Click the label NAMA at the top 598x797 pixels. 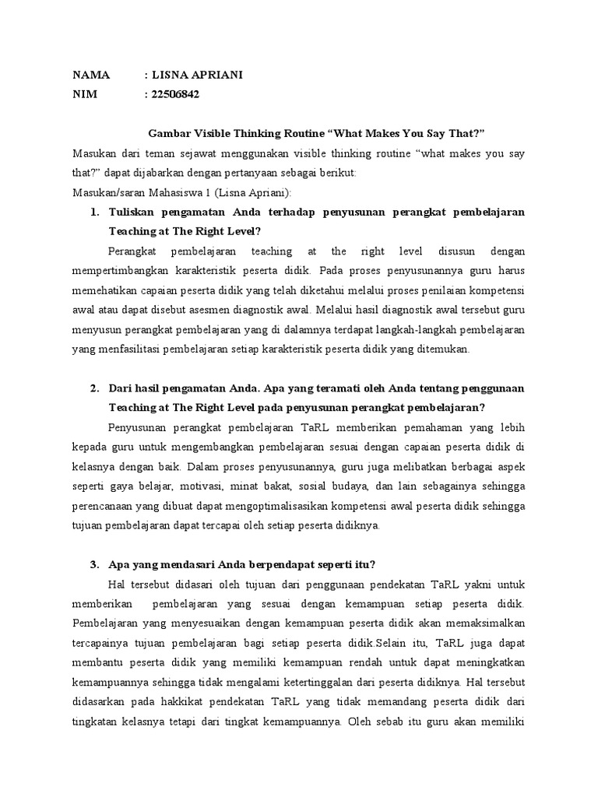point(92,75)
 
